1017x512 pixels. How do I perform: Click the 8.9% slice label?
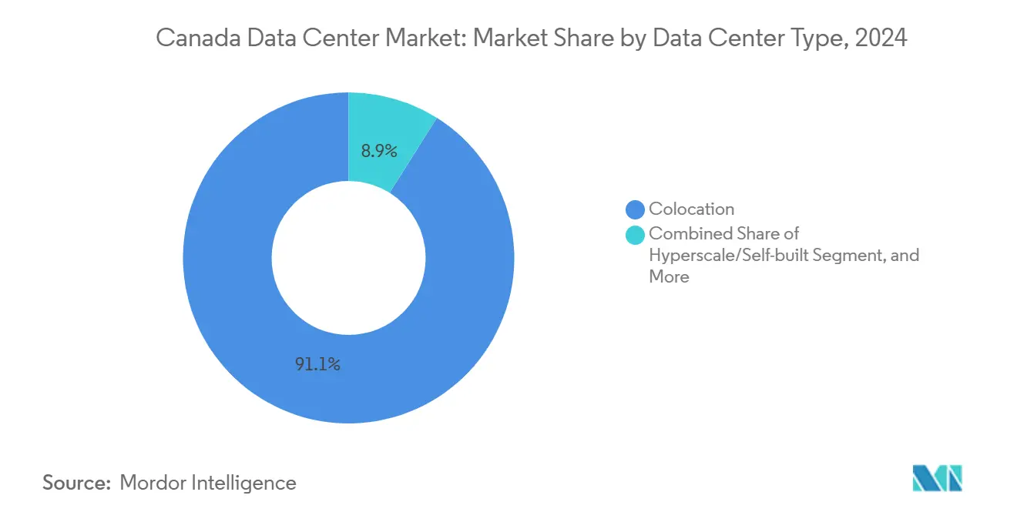click(x=378, y=152)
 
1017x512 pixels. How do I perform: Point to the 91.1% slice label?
click(x=317, y=365)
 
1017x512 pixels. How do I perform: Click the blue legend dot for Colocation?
click(x=636, y=209)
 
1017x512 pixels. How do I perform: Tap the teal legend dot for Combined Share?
click(x=636, y=234)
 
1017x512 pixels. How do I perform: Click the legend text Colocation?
click(x=691, y=209)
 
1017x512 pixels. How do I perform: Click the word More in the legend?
click(x=669, y=276)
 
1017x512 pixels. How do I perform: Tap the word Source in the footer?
click(x=74, y=483)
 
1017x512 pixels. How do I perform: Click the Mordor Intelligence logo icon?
click(x=937, y=478)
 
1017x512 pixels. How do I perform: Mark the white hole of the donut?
click(x=348, y=257)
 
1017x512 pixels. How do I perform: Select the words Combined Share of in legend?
click(x=723, y=233)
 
